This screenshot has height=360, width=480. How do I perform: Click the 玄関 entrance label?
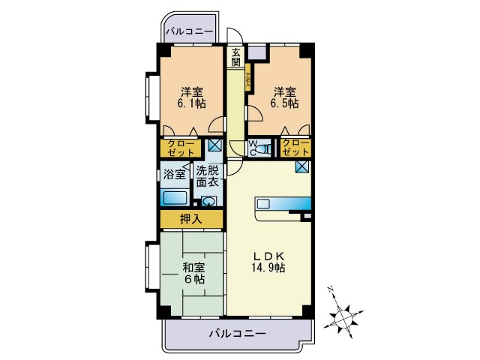point(235,58)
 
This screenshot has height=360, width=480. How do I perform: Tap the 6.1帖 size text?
point(191,103)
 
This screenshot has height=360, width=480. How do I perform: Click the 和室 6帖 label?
point(192,272)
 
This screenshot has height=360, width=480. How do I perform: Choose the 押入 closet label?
point(191,219)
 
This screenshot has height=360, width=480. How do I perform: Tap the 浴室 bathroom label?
point(175,175)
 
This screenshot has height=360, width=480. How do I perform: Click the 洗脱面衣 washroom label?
point(208,175)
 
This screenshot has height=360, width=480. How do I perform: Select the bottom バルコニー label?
point(237,333)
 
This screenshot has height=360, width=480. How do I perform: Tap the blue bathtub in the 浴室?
point(175,199)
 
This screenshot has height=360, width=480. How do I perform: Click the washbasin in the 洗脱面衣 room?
point(208,201)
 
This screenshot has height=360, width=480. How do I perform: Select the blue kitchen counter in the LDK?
point(284,204)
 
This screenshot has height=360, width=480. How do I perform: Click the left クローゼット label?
point(180,147)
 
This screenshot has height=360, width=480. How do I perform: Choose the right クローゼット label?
point(295,147)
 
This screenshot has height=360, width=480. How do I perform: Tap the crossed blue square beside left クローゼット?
point(214,145)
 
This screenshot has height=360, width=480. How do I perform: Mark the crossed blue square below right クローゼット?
point(301,166)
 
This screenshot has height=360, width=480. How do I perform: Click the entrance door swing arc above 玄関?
point(234,37)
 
